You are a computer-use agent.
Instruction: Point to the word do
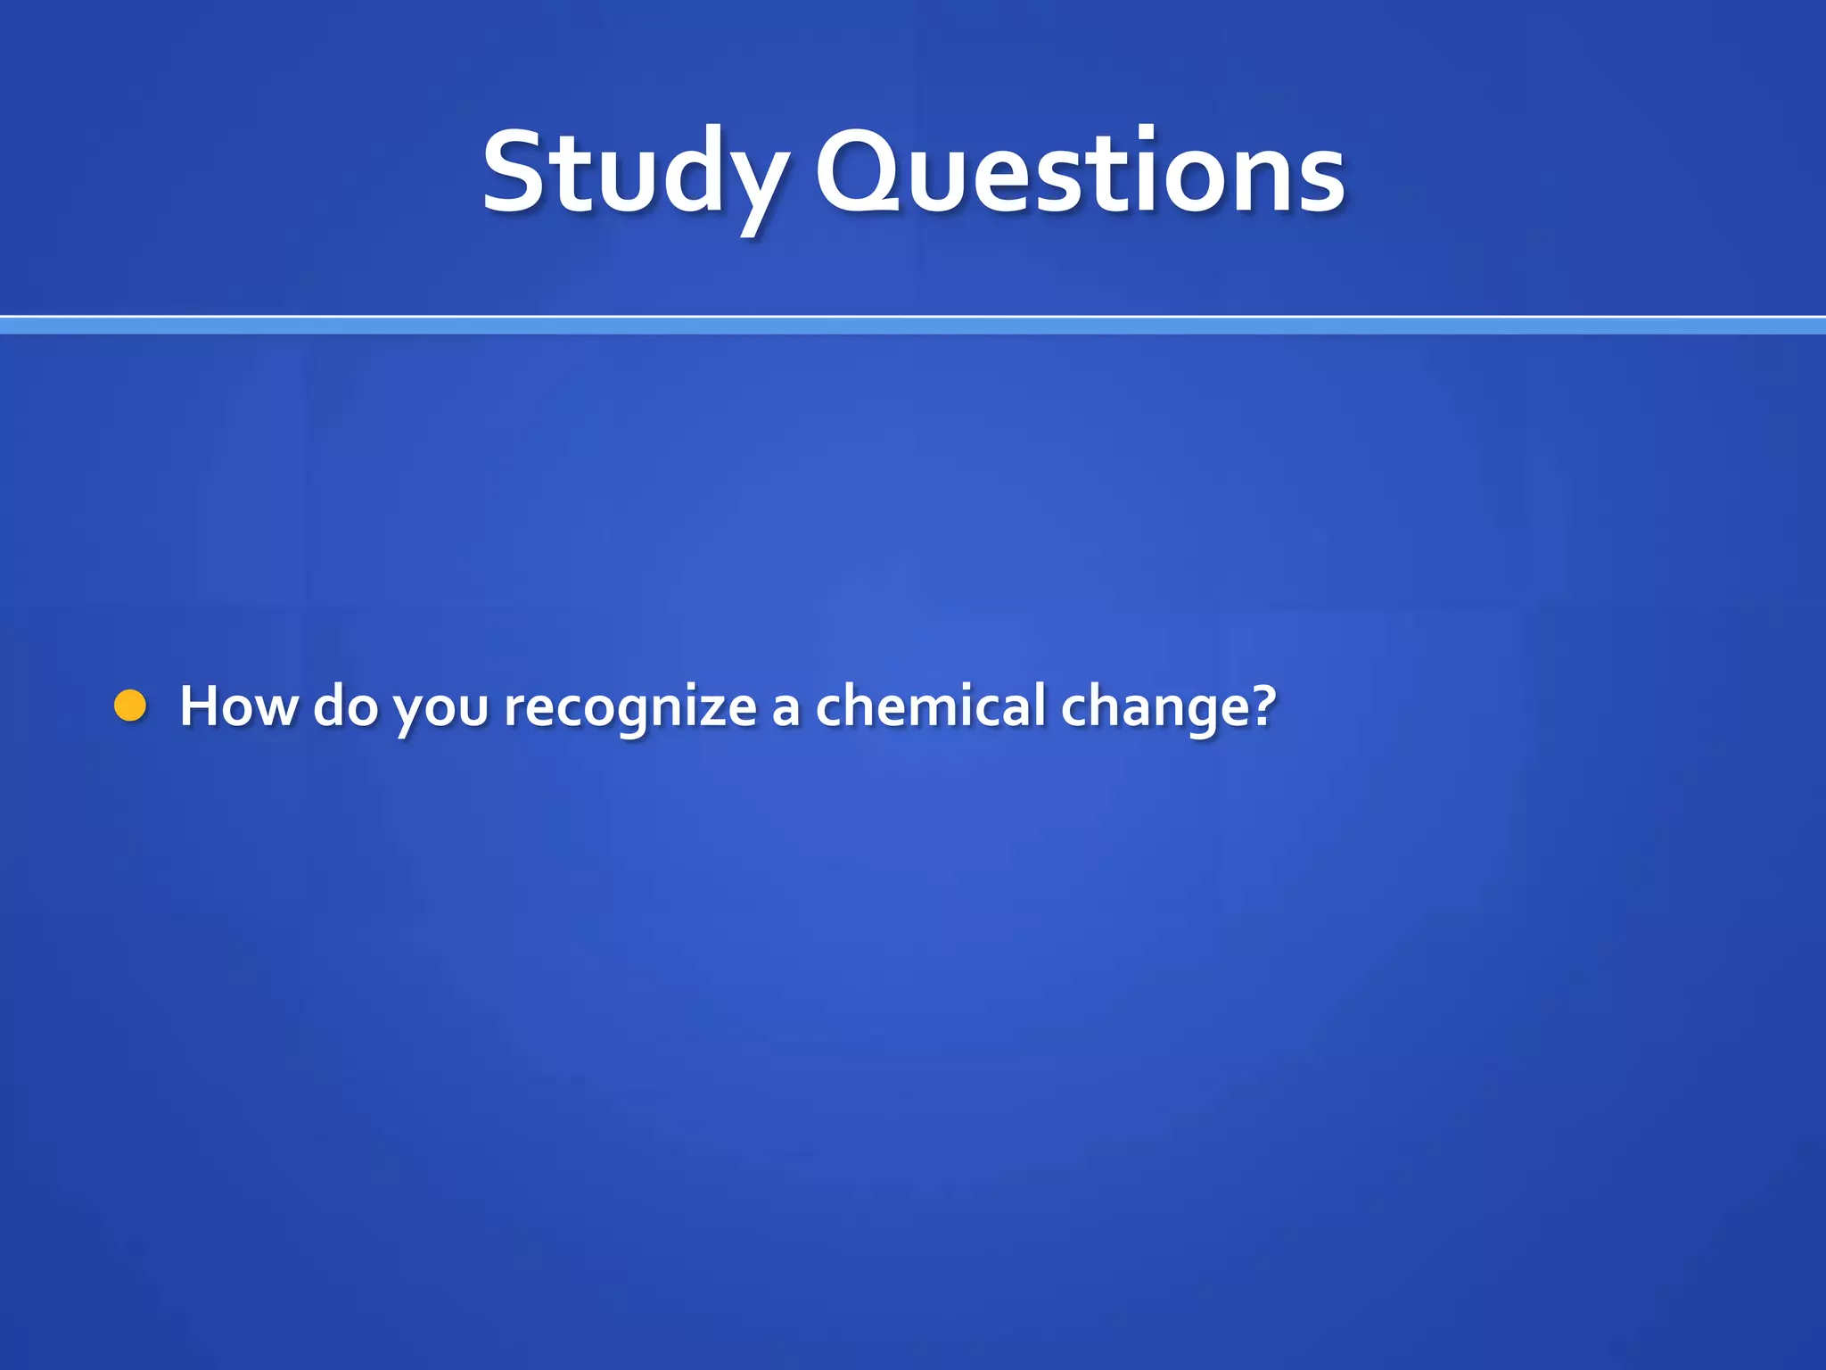pyautogui.click(x=346, y=706)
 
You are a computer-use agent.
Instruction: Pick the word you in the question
pyautogui.click(x=441, y=709)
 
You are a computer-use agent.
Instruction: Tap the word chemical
pyautogui.click(x=930, y=706)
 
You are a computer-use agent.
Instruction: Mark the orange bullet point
pyautogui.click(x=131, y=706)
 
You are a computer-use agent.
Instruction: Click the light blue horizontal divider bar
pyautogui.click(x=913, y=326)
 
